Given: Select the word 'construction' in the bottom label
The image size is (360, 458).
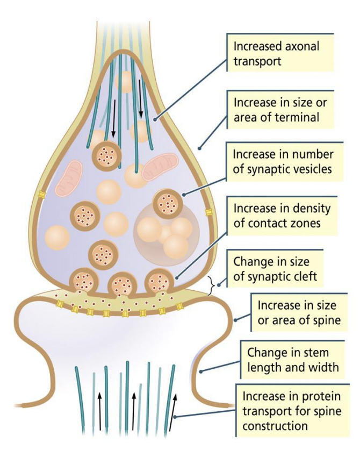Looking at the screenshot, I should click(275, 425).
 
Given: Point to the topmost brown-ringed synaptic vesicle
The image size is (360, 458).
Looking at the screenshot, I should click(106, 156).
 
